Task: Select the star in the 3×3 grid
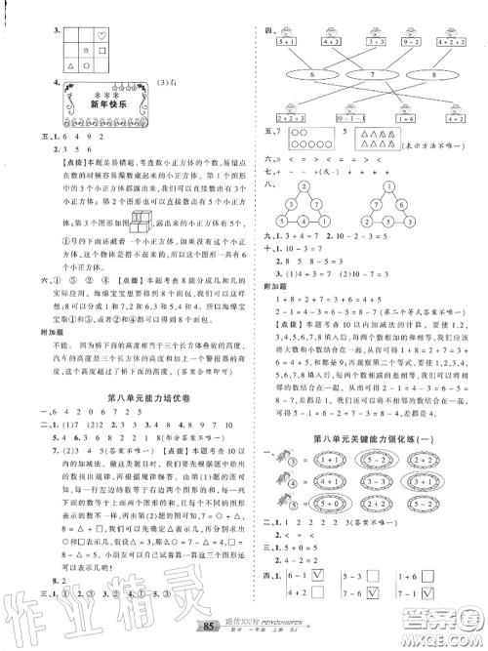point(84,48)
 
